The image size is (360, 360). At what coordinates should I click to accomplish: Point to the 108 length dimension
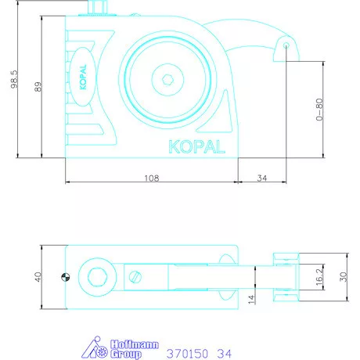click(152, 178)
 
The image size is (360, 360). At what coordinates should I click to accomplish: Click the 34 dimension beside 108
click(262, 178)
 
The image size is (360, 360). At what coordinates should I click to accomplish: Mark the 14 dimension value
click(251, 298)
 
